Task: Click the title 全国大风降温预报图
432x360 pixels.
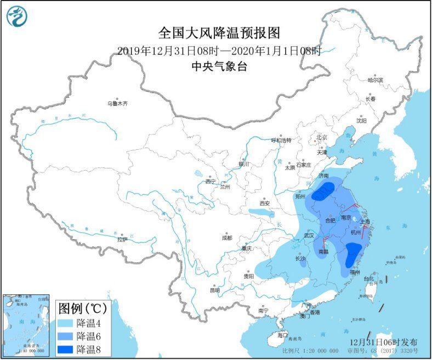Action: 219,34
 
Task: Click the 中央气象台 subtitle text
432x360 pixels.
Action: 218,66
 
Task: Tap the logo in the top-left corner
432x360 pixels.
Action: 16,16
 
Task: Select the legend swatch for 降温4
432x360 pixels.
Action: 67,322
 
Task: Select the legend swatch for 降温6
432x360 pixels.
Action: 67,335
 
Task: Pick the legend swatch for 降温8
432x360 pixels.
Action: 67,348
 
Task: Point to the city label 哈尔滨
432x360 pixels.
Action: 375,80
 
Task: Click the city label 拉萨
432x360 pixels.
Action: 122,239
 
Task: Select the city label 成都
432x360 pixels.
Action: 226,238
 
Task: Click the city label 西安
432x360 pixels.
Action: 265,203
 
